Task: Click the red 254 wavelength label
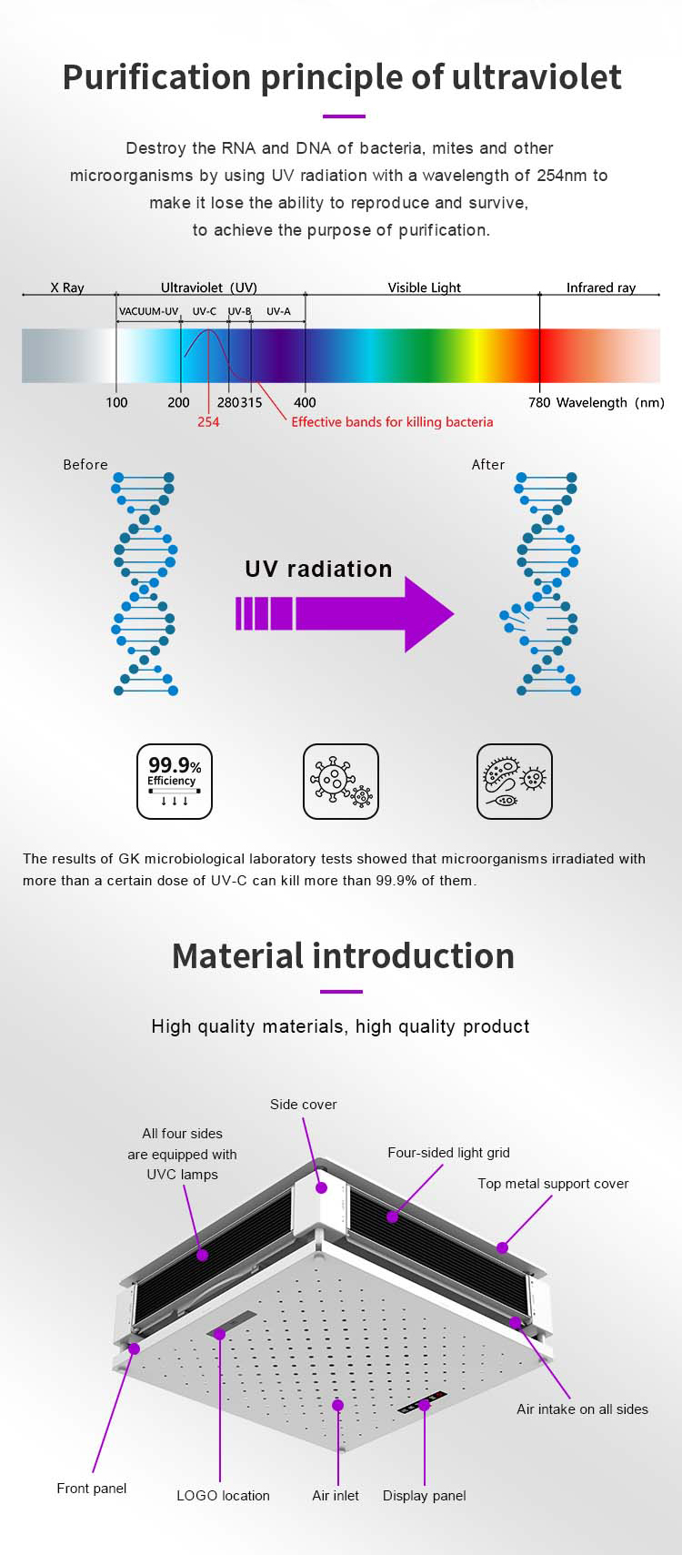coord(208,421)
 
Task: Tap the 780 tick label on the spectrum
coord(539,403)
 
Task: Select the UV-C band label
coord(204,311)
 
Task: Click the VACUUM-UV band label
coord(148,311)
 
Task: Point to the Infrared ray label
coord(601,288)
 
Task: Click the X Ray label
coord(66,288)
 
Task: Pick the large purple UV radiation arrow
coord(345,613)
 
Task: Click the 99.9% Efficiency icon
coord(175,782)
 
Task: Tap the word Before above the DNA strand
coord(85,464)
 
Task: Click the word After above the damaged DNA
coord(487,464)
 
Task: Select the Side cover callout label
coord(303,1104)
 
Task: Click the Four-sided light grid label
coord(448,1152)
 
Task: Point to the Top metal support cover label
coord(553,1184)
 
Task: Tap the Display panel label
coord(424,1495)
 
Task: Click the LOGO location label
coord(223,1495)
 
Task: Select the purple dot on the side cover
coord(321,1187)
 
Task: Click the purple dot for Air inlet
coord(338,1405)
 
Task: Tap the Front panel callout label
coord(92,1489)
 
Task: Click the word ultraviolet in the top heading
coord(537,76)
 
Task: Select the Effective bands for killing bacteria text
coord(392,422)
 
